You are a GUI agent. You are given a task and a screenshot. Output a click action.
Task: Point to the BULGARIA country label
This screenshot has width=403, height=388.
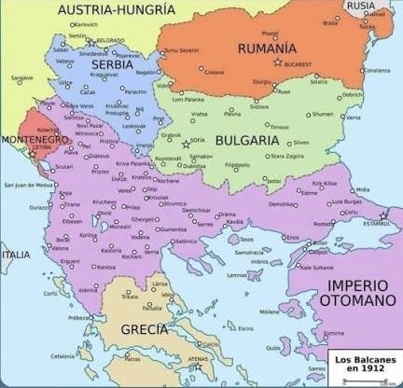click(x=247, y=140)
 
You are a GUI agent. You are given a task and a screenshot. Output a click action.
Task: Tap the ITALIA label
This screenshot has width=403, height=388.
click(x=15, y=254)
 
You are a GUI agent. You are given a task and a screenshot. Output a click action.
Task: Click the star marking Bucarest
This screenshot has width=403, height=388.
click(x=278, y=62)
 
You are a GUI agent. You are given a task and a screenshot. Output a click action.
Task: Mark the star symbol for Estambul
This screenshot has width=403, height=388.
click(x=382, y=215)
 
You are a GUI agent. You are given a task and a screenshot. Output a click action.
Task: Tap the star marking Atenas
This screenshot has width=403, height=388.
click(x=197, y=366)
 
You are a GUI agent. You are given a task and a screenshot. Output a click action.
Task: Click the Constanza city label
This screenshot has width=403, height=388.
click(x=377, y=71)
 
